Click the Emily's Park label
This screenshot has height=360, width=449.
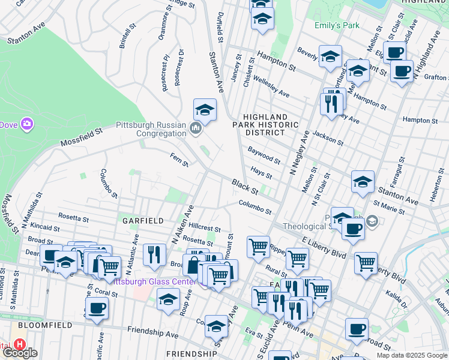click(337, 26)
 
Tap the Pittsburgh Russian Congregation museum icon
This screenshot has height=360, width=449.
click(196, 128)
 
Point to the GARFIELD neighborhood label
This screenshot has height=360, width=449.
click(143, 221)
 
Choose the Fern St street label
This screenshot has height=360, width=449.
click(179, 160)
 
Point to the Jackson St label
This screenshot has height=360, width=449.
click(328, 140)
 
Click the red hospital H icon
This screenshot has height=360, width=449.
click(20, 345)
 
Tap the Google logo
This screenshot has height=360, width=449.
click(20, 353)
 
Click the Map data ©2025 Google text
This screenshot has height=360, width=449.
click(411, 355)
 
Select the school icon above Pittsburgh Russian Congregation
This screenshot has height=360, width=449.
click(205, 110)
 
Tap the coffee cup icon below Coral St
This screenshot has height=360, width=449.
click(96, 308)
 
